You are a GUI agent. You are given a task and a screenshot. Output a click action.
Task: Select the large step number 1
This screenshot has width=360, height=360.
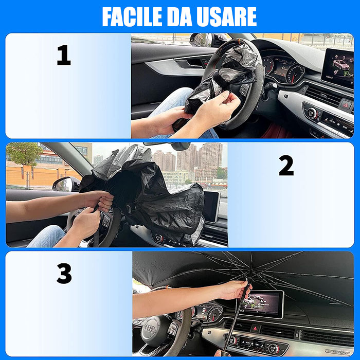click(64, 55)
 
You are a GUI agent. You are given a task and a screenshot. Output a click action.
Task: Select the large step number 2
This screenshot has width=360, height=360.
click(286, 165)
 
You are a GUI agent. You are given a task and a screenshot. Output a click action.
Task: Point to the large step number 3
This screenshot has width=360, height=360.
click(64, 273)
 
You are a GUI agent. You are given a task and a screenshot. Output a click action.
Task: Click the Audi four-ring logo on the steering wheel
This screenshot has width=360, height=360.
click(150, 329)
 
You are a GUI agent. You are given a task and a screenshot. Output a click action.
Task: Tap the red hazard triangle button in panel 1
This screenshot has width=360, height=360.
click(346, 105)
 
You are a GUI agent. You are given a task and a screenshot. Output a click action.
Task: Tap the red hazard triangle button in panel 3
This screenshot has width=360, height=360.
click(255, 329)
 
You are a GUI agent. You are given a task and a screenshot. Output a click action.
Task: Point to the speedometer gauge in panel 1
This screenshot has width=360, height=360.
click(295, 73)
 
